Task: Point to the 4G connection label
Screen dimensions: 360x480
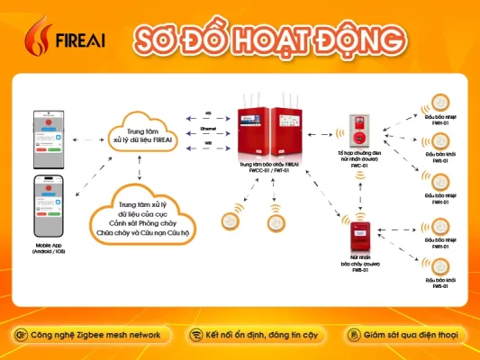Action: coord(208,114)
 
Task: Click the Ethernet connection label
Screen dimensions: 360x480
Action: coord(208,130)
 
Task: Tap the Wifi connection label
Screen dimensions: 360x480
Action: coord(208,143)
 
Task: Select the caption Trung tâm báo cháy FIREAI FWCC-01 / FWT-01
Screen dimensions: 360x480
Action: coord(268,168)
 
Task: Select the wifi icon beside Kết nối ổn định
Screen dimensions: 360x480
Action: coord(195,335)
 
